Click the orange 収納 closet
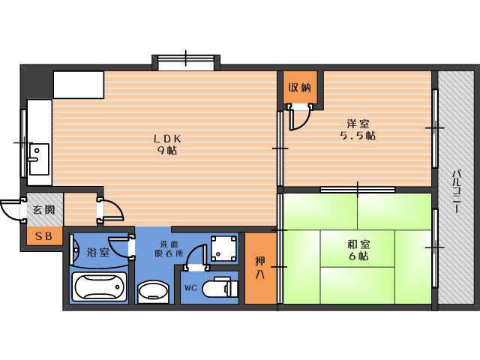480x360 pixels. [x=300, y=88]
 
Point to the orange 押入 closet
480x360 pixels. [x=261, y=268]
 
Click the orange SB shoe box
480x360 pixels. [x=45, y=236]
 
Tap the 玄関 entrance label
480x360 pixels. [x=44, y=210]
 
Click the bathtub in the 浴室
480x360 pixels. [x=100, y=287]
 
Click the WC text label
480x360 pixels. [x=190, y=288]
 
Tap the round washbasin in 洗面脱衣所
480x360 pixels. [x=153, y=292]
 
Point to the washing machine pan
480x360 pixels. [x=224, y=248]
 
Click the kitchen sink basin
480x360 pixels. [x=39, y=159]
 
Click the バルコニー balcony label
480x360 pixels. [x=457, y=191]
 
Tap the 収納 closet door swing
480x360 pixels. [x=300, y=118]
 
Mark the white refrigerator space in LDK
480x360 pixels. [x=79, y=85]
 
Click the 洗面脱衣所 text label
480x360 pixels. [x=169, y=248]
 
